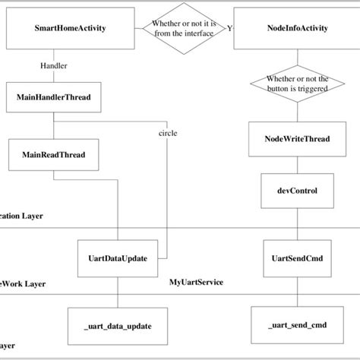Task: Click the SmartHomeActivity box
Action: [x=71, y=29]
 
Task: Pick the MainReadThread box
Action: [x=53, y=154]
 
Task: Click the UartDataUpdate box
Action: [x=116, y=257]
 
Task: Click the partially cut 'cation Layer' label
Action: [x=21, y=216]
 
